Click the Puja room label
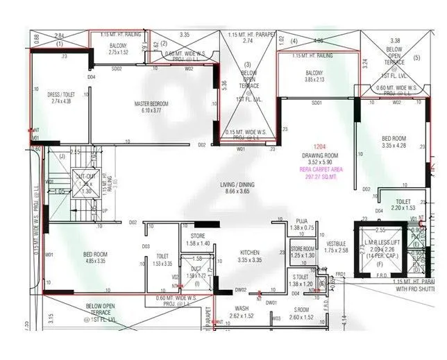pos(301,223)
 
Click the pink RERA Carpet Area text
pos(318,173)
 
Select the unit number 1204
pos(318,147)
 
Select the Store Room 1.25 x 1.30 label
pos(303,252)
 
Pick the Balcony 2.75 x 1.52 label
pos(108,49)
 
